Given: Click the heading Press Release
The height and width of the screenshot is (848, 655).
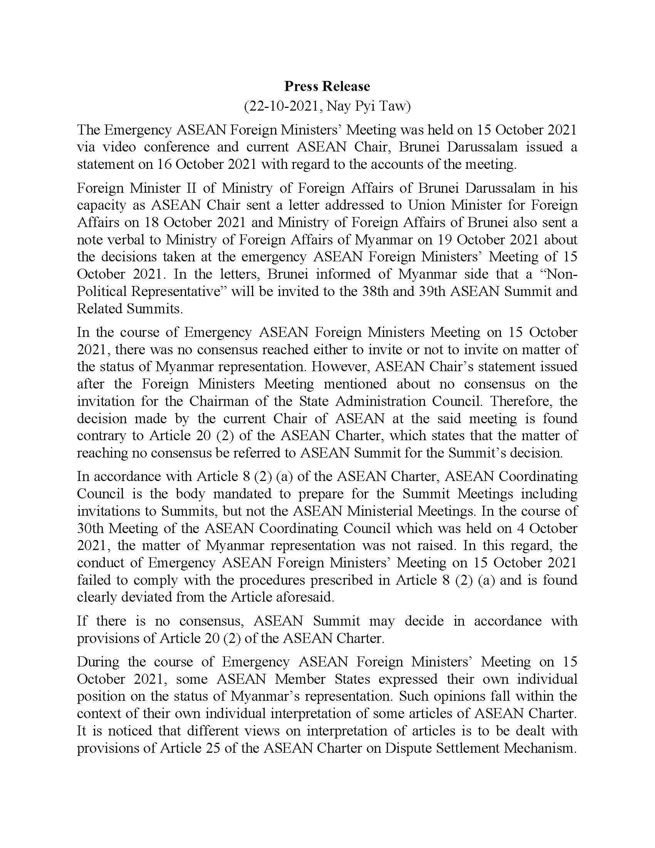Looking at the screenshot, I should click(x=327, y=86).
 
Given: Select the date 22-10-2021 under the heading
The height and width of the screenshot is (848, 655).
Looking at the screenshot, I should click(x=282, y=106).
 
